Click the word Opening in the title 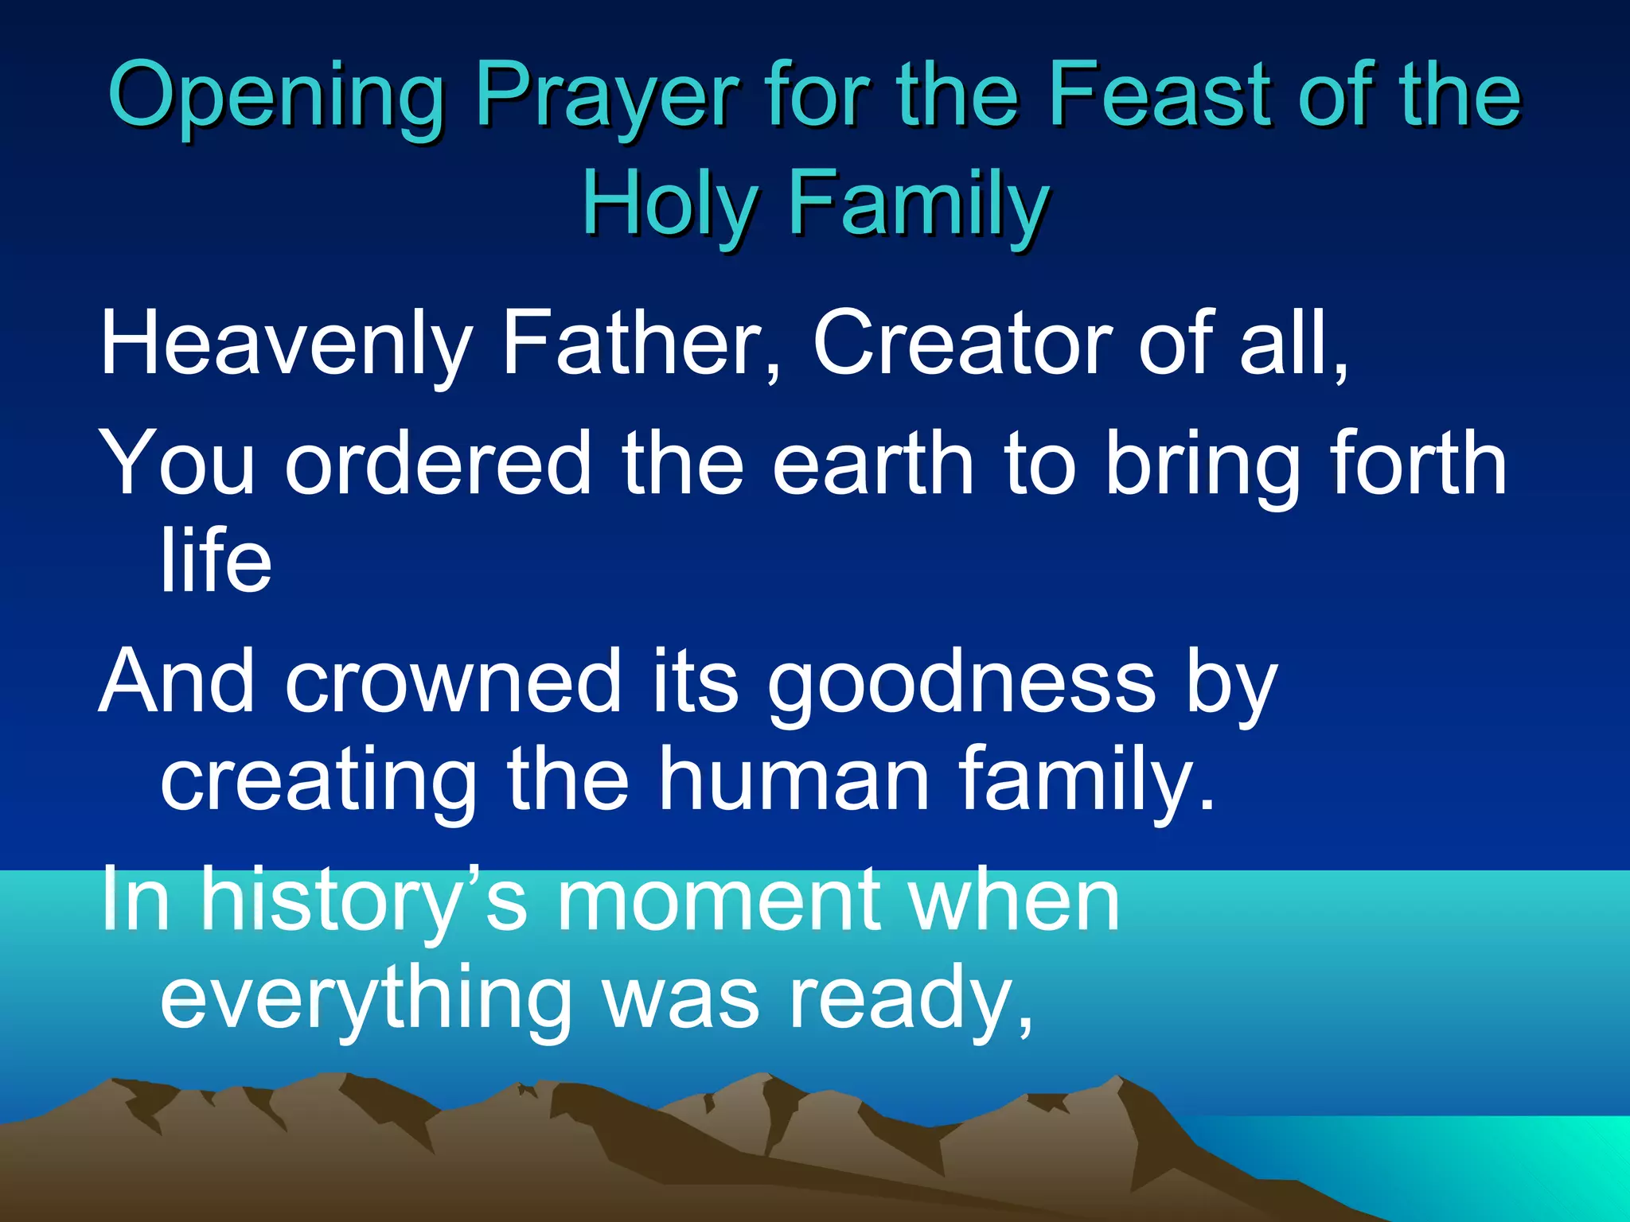coord(275,97)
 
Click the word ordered coord(439,463)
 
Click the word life coord(216,560)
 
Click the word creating coord(319,780)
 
